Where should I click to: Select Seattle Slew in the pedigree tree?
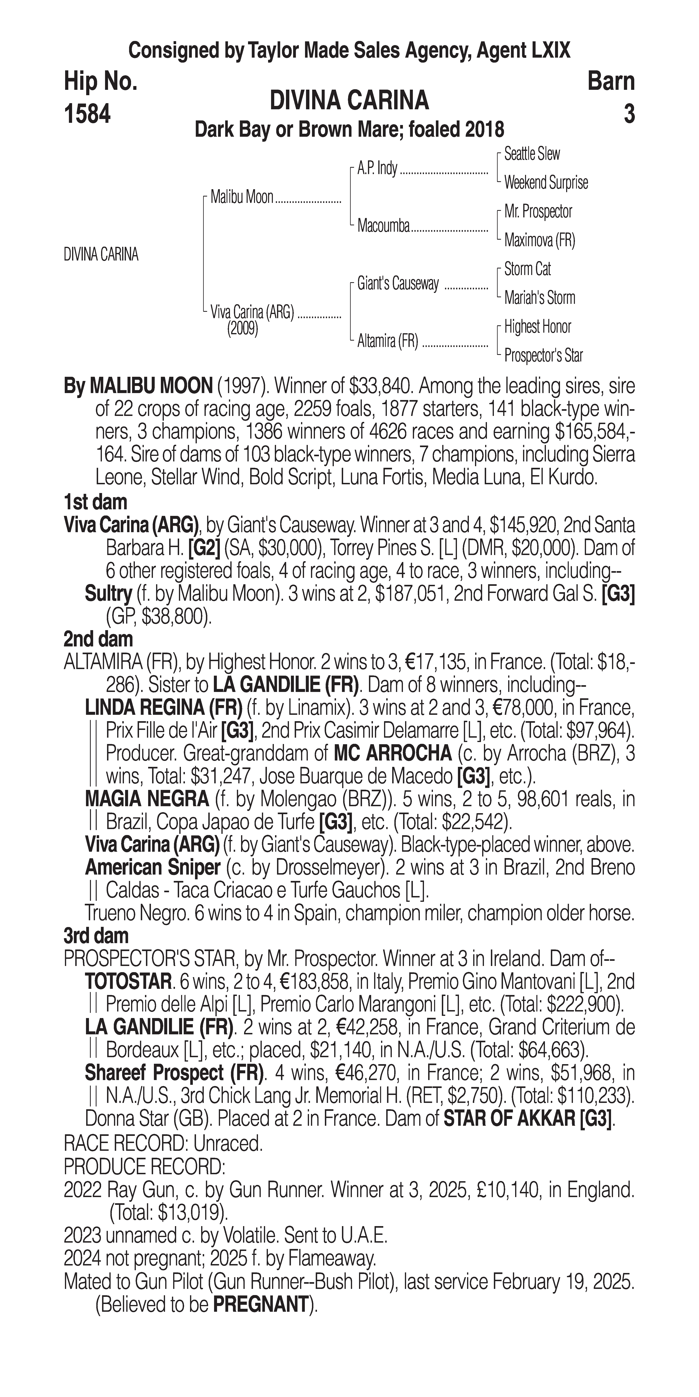pyautogui.click(x=532, y=154)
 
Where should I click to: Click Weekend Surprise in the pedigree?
pyautogui.click(x=546, y=183)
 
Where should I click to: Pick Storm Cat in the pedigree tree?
pyautogui.click(x=527, y=269)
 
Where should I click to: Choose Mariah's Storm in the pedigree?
pyautogui.click(x=539, y=298)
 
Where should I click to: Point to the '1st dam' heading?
pyautogui.click(x=95, y=502)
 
